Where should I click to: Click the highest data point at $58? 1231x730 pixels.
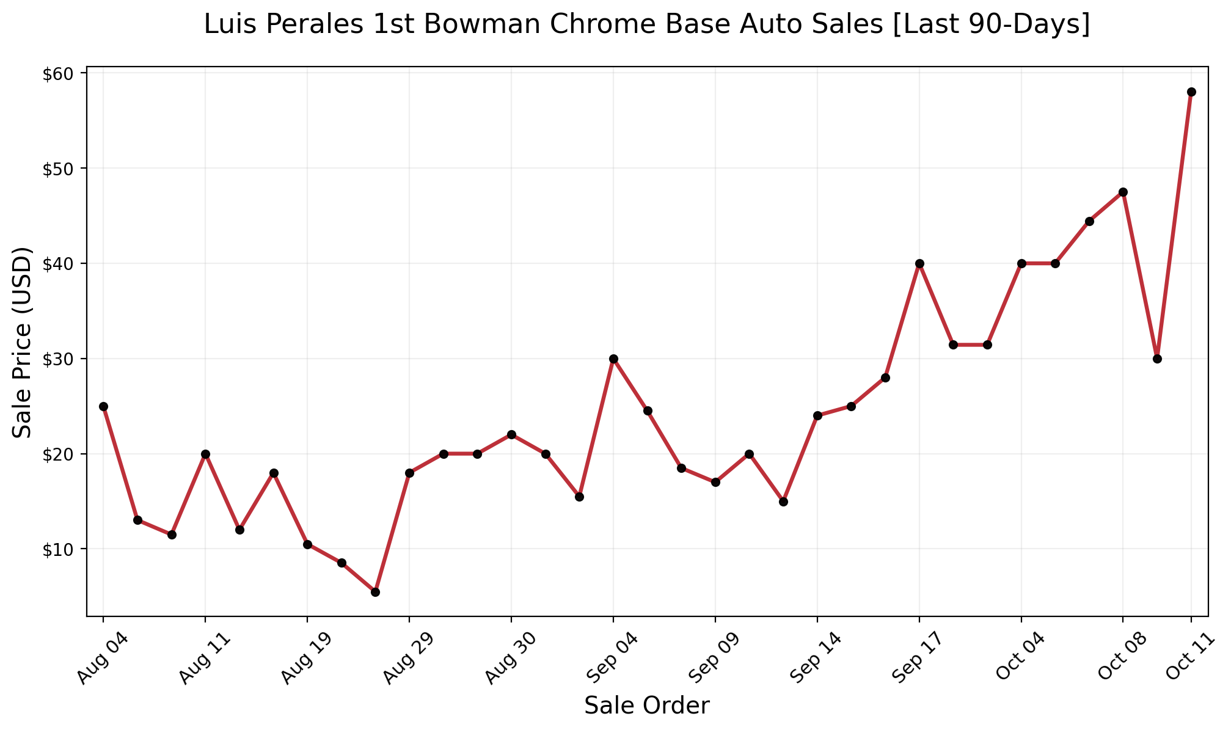click(x=1191, y=92)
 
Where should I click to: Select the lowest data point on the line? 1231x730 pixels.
click(x=375, y=592)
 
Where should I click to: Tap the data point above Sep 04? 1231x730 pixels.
click(x=613, y=359)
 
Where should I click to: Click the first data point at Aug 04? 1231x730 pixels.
click(x=103, y=406)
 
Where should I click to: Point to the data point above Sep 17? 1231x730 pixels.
click(x=919, y=263)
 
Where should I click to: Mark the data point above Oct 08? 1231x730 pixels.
click(x=1123, y=192)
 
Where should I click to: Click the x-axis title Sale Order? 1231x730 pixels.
click(x=647, y=706)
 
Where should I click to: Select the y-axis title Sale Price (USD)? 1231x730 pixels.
click(x=23, y=342)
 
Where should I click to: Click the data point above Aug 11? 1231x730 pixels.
click(x=205, y=454)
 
